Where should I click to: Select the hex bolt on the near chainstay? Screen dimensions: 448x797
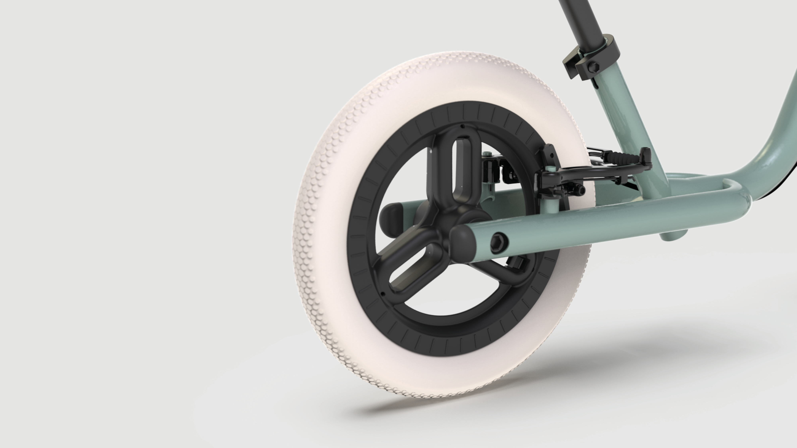click(499, 243)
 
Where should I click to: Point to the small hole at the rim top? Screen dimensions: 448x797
click(462, 126)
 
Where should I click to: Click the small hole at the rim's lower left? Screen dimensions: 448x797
click(383, 294)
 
